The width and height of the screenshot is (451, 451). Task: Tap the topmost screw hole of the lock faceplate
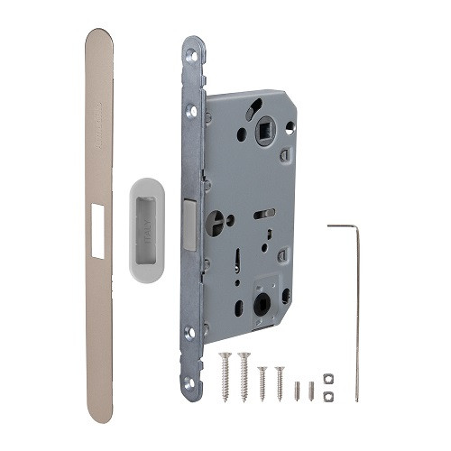click(x=191, y=56)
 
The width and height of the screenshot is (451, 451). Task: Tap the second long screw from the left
click(x=244, y=357)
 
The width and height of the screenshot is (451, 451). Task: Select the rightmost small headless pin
click(x=311, y=391)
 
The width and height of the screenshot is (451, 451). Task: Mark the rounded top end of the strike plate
click(x=99, y=38)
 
